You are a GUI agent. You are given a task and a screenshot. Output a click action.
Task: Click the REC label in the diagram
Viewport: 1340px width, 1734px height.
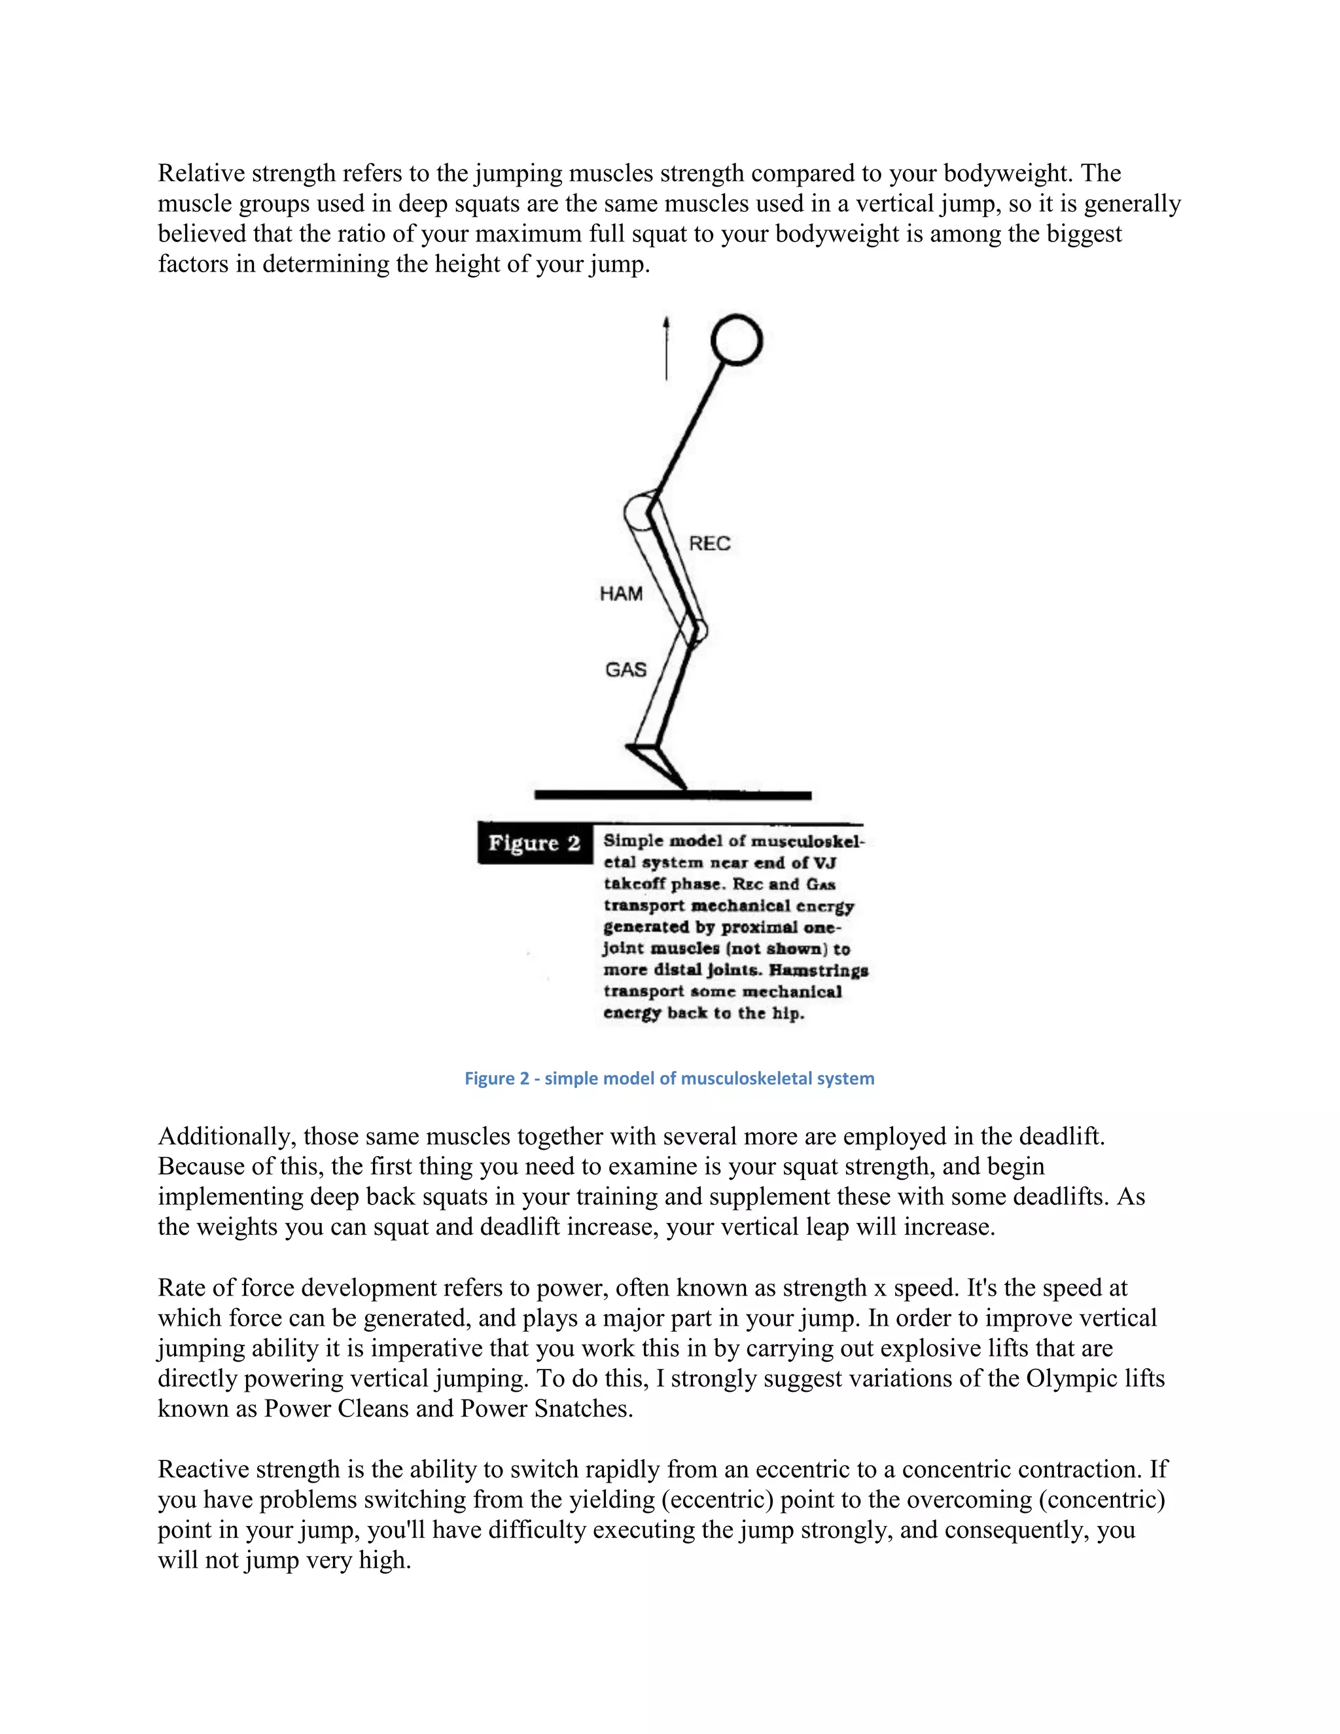tap(709, 544)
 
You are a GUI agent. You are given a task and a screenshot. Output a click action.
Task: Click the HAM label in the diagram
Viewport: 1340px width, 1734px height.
tap(621, 594)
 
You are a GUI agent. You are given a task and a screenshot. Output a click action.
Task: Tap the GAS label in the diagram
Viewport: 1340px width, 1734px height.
tap(626, 670)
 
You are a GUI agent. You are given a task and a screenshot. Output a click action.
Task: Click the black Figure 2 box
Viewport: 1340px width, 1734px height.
tap(535, 843)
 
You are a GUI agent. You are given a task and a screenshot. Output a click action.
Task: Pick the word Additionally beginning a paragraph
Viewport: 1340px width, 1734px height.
tap(226, 1136)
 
